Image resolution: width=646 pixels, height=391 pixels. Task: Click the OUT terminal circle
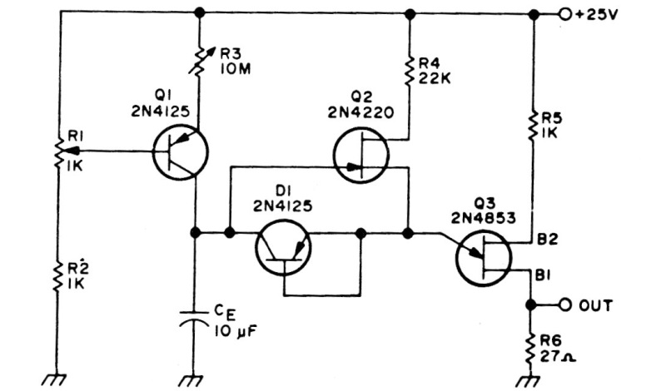click(x=564, y=305)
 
